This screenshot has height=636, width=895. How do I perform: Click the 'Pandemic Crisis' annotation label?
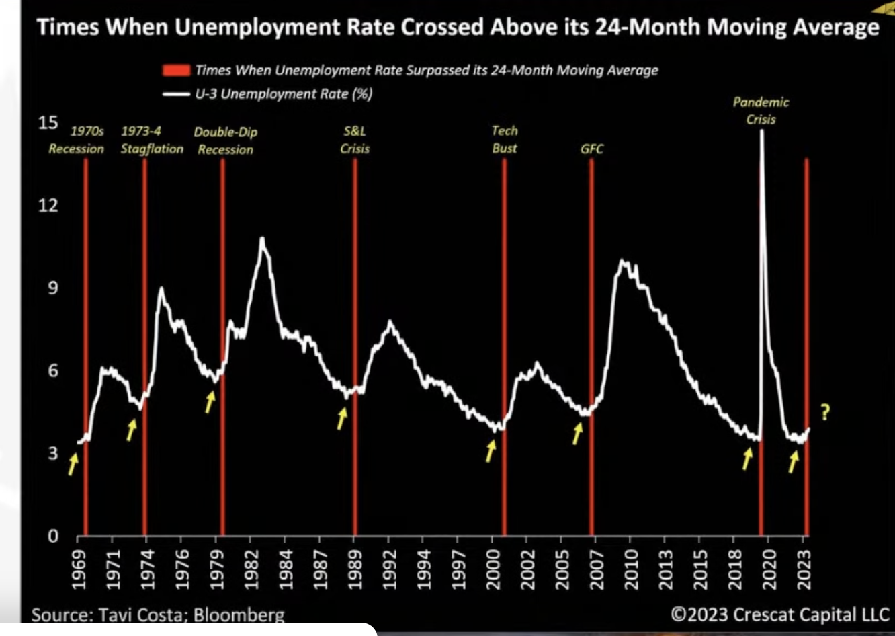tap(761, 111)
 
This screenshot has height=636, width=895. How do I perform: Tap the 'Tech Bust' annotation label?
tap(505, 139)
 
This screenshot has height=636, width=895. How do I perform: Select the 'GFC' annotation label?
tap(592, 149)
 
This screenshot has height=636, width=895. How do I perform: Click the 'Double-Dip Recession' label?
tap(225, 141)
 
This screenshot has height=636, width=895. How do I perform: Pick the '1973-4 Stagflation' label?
tap(152, 141)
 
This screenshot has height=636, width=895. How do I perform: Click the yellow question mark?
tap(825, 412)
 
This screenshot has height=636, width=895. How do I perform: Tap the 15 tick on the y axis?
tap(48, 123)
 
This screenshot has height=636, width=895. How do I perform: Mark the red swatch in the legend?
tap(176, 70)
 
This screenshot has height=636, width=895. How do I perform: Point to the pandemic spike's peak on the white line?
tap(761, 130)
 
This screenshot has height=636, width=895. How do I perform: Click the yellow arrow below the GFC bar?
tap(577, 434)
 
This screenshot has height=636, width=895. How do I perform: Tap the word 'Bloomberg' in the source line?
tap(245, 614)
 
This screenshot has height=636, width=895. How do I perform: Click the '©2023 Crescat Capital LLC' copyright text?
tap(780, 614)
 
